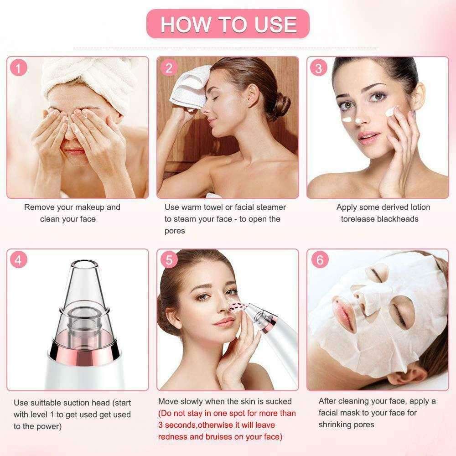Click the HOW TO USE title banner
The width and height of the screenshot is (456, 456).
click(228, 24)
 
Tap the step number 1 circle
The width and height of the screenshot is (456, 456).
click(19, 69)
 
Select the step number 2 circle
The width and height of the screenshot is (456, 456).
click(169, 69)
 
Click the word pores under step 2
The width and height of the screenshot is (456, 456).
click(175, 231)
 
